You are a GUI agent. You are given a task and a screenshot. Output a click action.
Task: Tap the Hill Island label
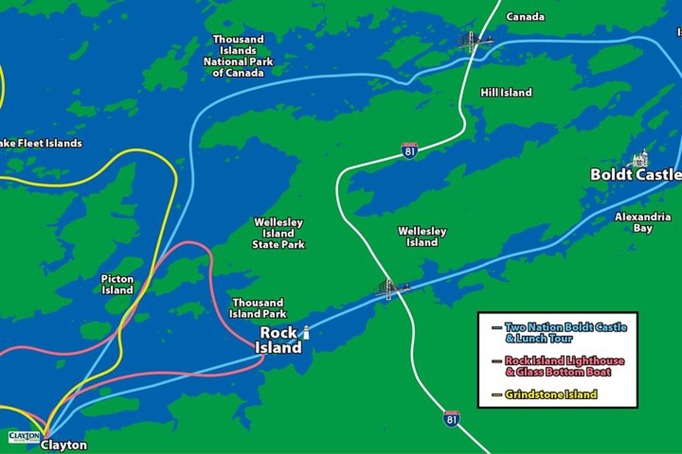click(x=506, y=92)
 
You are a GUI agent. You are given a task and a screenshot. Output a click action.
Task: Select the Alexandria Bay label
click(x=642, y=223)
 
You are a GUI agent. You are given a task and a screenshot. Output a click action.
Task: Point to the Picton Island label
click(x=117, y=284)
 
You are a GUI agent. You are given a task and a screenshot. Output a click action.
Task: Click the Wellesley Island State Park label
click(x=278, y=233)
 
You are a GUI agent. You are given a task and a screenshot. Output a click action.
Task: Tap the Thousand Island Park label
click(x=258, y=308)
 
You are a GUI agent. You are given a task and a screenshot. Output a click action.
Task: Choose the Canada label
click(x=525, y=17)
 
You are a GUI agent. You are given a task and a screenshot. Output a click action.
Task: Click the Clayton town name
click(x=64, y=445)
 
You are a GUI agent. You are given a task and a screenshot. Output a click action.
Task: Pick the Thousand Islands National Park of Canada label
click(x=238, y=56)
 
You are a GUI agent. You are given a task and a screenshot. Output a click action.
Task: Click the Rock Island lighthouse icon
click(x=306, y=333)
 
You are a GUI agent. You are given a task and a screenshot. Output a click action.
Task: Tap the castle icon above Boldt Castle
click(x=639, y=158)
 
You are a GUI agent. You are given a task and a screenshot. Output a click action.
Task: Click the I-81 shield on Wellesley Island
click(x=409, y=151)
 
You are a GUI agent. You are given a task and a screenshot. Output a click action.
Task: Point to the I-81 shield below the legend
click(x=451, y=419)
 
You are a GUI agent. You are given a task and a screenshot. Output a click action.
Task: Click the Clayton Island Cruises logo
click(x=24, y=437)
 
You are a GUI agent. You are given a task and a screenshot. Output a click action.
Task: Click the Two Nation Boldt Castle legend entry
click(x=565, y=333)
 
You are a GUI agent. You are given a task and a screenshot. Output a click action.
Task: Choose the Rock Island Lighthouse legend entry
click(x=564, y=366)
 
